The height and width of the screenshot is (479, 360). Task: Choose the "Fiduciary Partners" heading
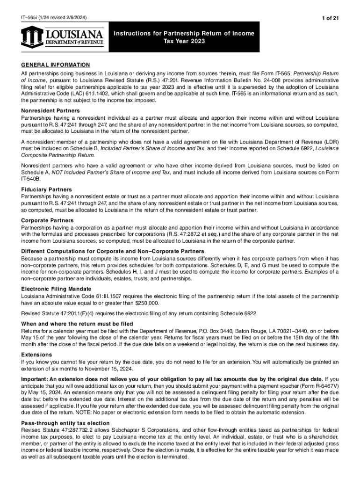[46, 189]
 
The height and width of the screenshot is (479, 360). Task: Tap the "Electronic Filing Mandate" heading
[56, 289]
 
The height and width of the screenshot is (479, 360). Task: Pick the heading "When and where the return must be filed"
[77, 324]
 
